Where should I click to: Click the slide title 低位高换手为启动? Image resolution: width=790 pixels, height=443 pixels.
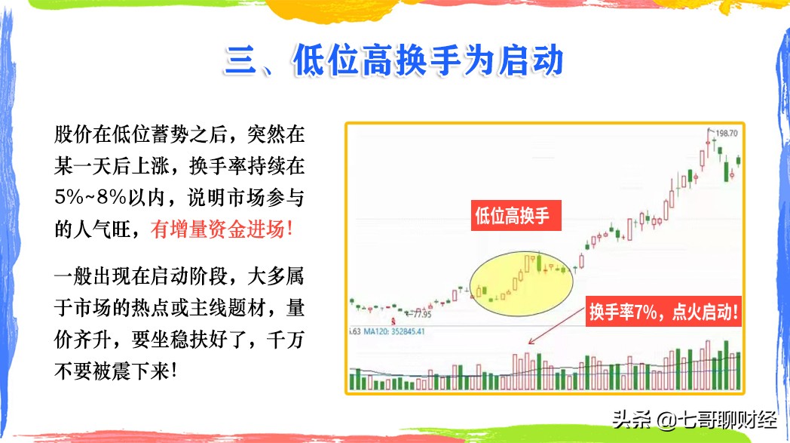click(x=427, y=60)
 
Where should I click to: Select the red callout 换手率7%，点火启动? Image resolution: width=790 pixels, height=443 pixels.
click(x=663, y=312)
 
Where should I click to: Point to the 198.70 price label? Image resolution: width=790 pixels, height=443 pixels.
click(x=727, y=134)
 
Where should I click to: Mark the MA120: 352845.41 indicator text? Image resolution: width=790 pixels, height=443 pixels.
click(x=394, y=331)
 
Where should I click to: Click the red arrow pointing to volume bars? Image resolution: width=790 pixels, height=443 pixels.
click(x=556, y=326)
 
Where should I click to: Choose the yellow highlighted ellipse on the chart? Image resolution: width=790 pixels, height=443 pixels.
click(x=521, y=283)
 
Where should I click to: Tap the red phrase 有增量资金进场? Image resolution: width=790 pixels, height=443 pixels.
click(x=222, y=229)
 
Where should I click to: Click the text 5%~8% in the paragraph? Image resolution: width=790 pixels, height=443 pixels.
click(x=90, y=197)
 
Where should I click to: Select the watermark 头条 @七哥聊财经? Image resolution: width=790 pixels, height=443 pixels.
click(x=695, y=420)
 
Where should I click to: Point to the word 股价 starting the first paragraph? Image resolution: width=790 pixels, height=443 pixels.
click(x=74, y=134)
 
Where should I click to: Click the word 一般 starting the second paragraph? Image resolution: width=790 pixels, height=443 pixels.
click(x=74, y=276)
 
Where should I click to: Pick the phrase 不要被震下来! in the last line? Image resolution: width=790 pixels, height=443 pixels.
click(x=115, y=371)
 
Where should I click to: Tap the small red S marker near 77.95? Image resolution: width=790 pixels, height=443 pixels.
click(x=393, y=321)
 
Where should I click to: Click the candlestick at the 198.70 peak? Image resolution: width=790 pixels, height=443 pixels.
click(x=709, y=144)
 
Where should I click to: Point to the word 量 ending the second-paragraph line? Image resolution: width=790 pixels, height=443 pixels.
click(x=295, y=308)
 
